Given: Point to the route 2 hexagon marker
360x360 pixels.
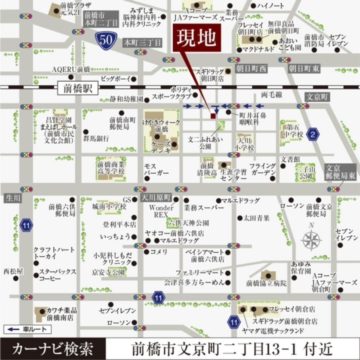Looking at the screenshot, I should coord(313,135).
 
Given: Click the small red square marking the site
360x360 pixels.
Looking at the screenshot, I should coord(213,116).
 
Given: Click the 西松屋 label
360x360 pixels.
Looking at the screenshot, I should coord(13,272).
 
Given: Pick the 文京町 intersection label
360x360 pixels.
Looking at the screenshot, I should coord(317,97).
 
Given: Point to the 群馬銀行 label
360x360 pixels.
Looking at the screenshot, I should coord(96,139).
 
